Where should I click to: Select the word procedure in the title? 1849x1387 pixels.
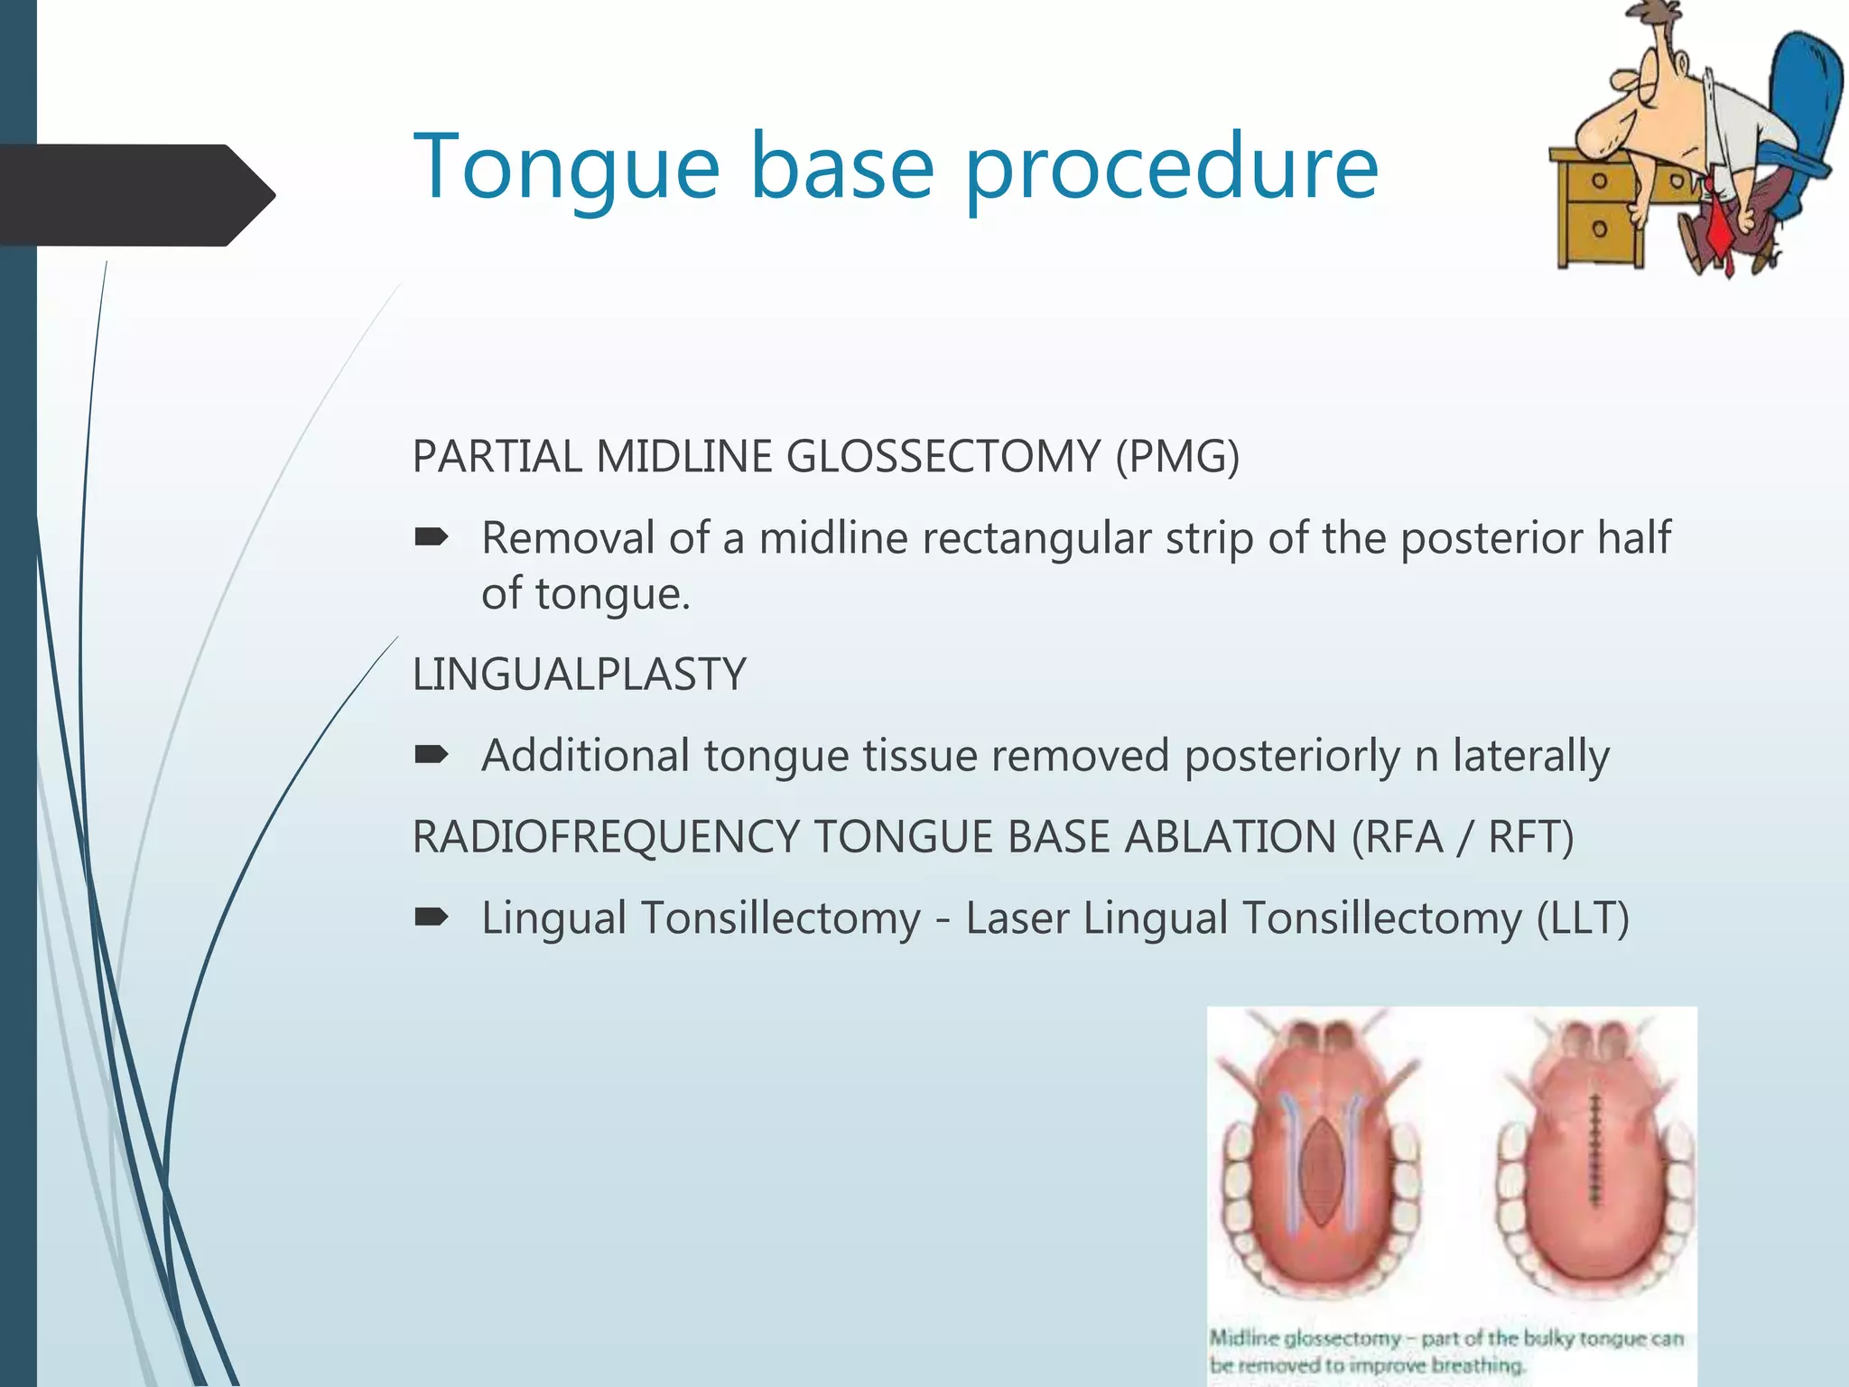pos(1171,169)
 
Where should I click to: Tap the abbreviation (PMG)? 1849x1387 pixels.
pos(1177,457)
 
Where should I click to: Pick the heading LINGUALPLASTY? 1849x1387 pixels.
pos(579,675)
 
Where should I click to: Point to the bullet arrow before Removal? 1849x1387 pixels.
pos(431,538)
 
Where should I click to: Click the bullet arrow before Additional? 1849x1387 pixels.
pos(431,755)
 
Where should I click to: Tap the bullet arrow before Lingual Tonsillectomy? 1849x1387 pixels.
pos(431,918)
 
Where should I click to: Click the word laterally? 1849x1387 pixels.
pos(1530,756)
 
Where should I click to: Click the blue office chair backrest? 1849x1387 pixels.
pos(1797,99)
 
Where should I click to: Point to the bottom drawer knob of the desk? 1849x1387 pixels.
pos(1599,228)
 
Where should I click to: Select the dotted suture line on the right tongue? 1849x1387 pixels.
pos(1595,1151)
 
